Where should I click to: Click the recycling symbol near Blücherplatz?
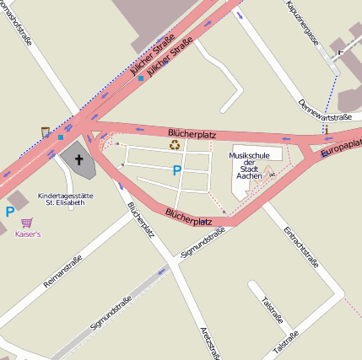coord(175,144)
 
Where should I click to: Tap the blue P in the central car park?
coord(176,170)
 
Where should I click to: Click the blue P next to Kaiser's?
coord(10,212)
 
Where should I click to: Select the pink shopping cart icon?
coord(28,223)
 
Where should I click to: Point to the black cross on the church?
coord(79,159)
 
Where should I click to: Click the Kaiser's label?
coord(28,234)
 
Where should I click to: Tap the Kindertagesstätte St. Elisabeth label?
coord(66,200)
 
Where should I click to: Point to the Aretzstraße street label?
coord(211,340)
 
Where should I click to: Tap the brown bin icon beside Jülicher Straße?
coord(45,132)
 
